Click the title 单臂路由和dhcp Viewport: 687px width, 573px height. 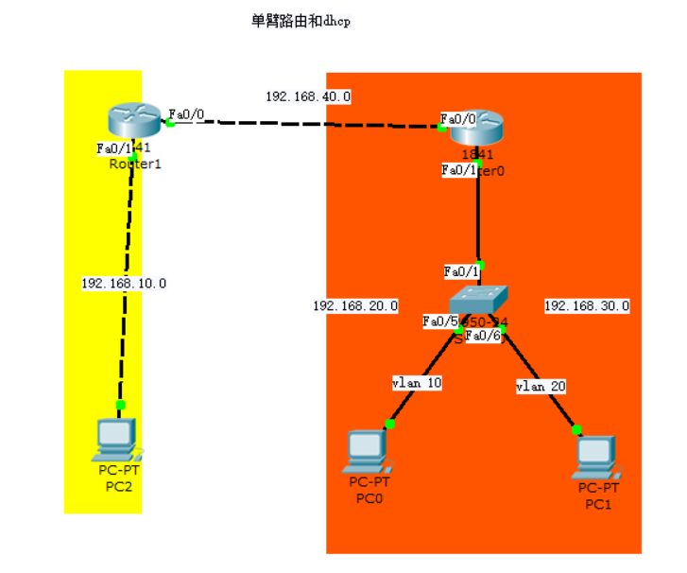(301, 21)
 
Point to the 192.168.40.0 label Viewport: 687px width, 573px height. (308, 96)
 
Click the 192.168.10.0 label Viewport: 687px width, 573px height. (124, 283)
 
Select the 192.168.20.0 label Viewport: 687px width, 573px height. (355, 306)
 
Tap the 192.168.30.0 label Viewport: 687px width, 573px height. (587, 306)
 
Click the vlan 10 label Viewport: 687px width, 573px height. (417, 383)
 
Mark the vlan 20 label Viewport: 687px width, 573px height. (540, 387)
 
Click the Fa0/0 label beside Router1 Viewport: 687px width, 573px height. (186, 114)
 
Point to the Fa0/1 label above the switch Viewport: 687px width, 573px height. (462, 272)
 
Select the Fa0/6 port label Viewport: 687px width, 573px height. (483, 336)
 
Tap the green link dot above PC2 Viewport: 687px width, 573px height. (120, 405)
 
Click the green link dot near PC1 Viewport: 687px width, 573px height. (577, 429)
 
